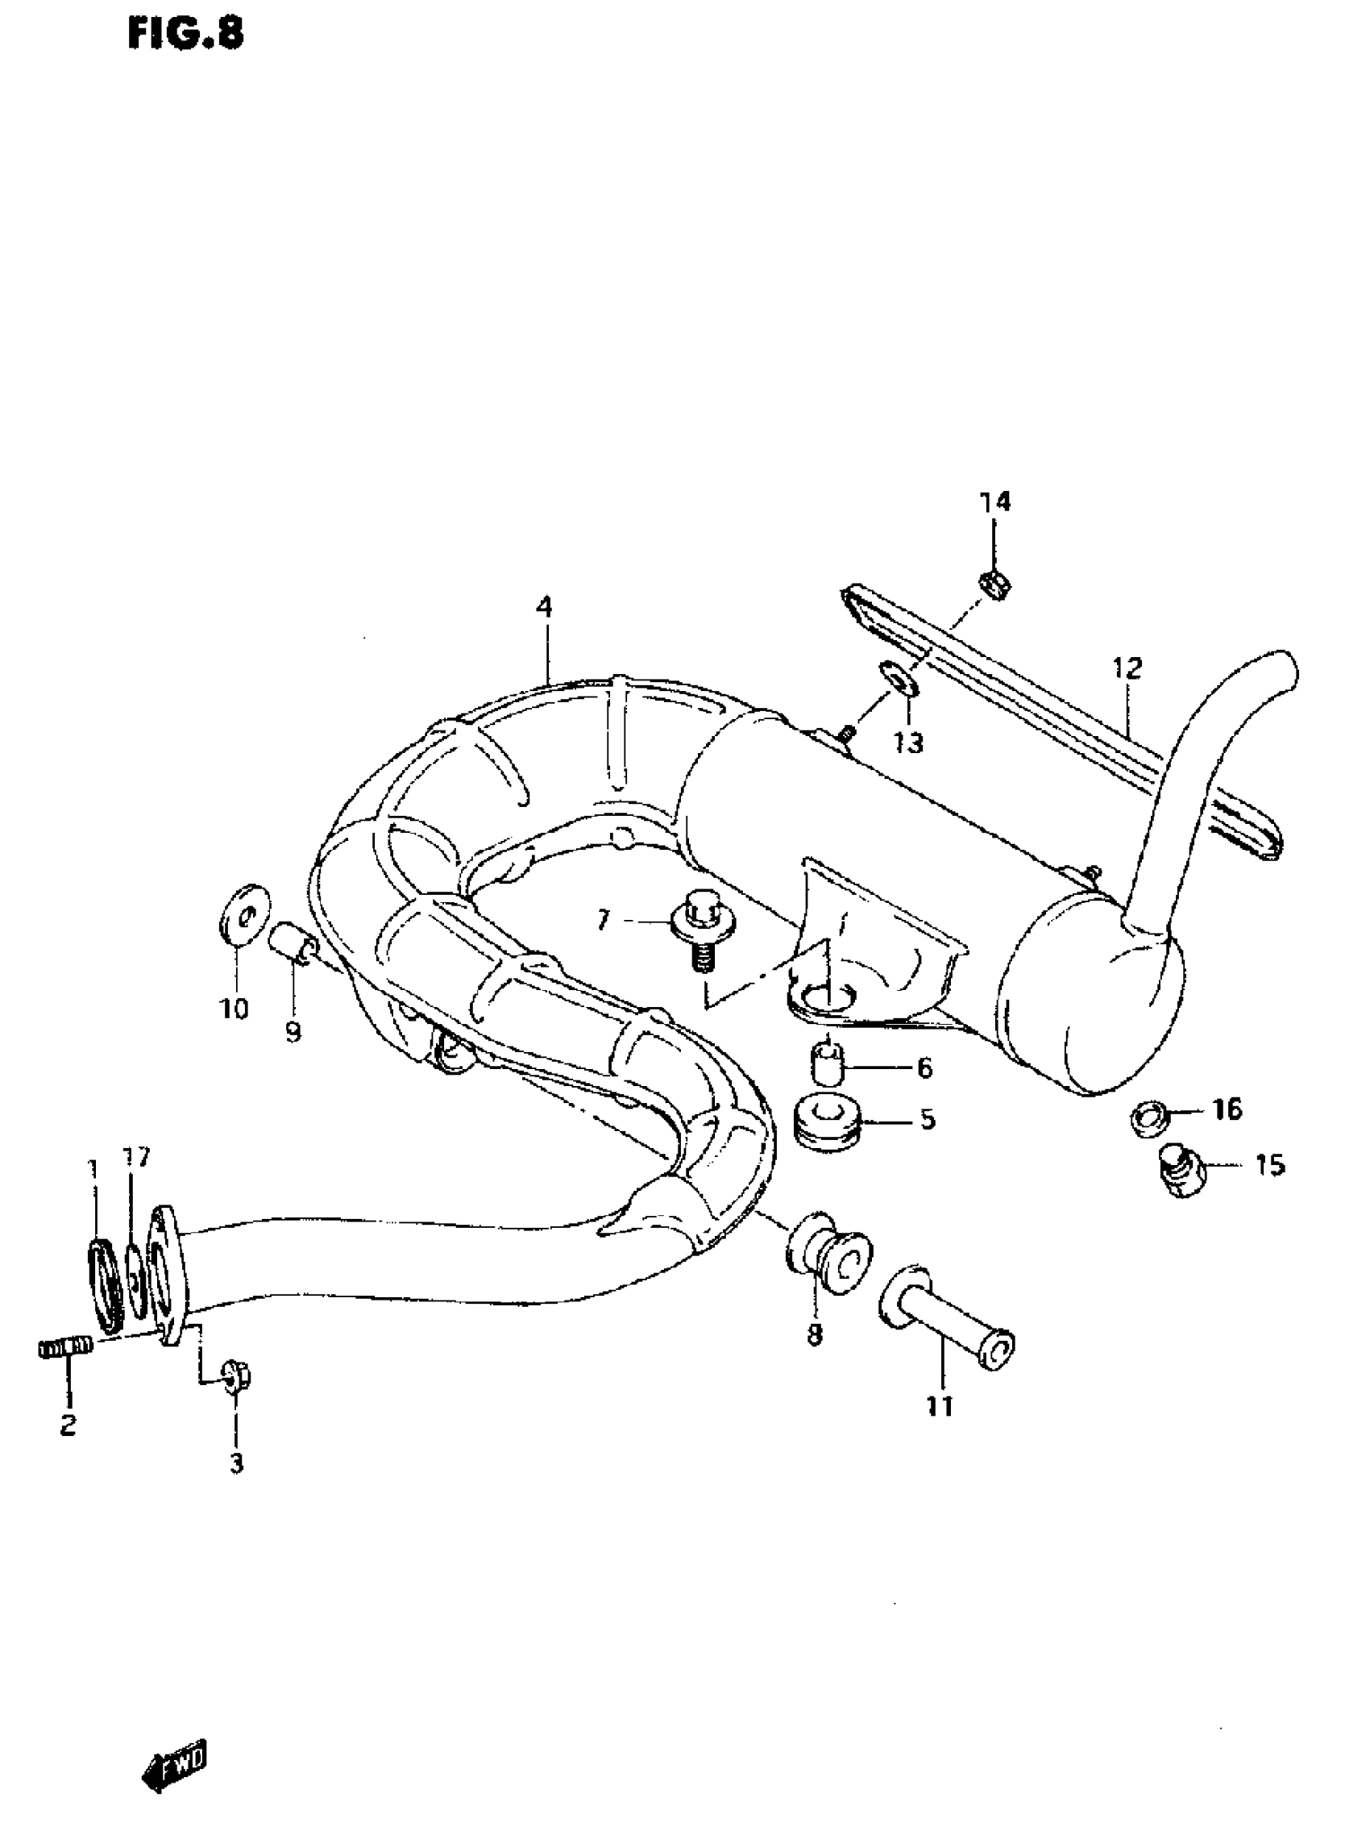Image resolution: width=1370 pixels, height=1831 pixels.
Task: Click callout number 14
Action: coord(994,502)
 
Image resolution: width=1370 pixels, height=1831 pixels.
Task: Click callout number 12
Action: coord(1127,668)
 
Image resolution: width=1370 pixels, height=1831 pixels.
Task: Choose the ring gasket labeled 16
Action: coord(1149,1118)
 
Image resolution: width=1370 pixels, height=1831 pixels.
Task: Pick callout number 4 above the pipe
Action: coord(542,608)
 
